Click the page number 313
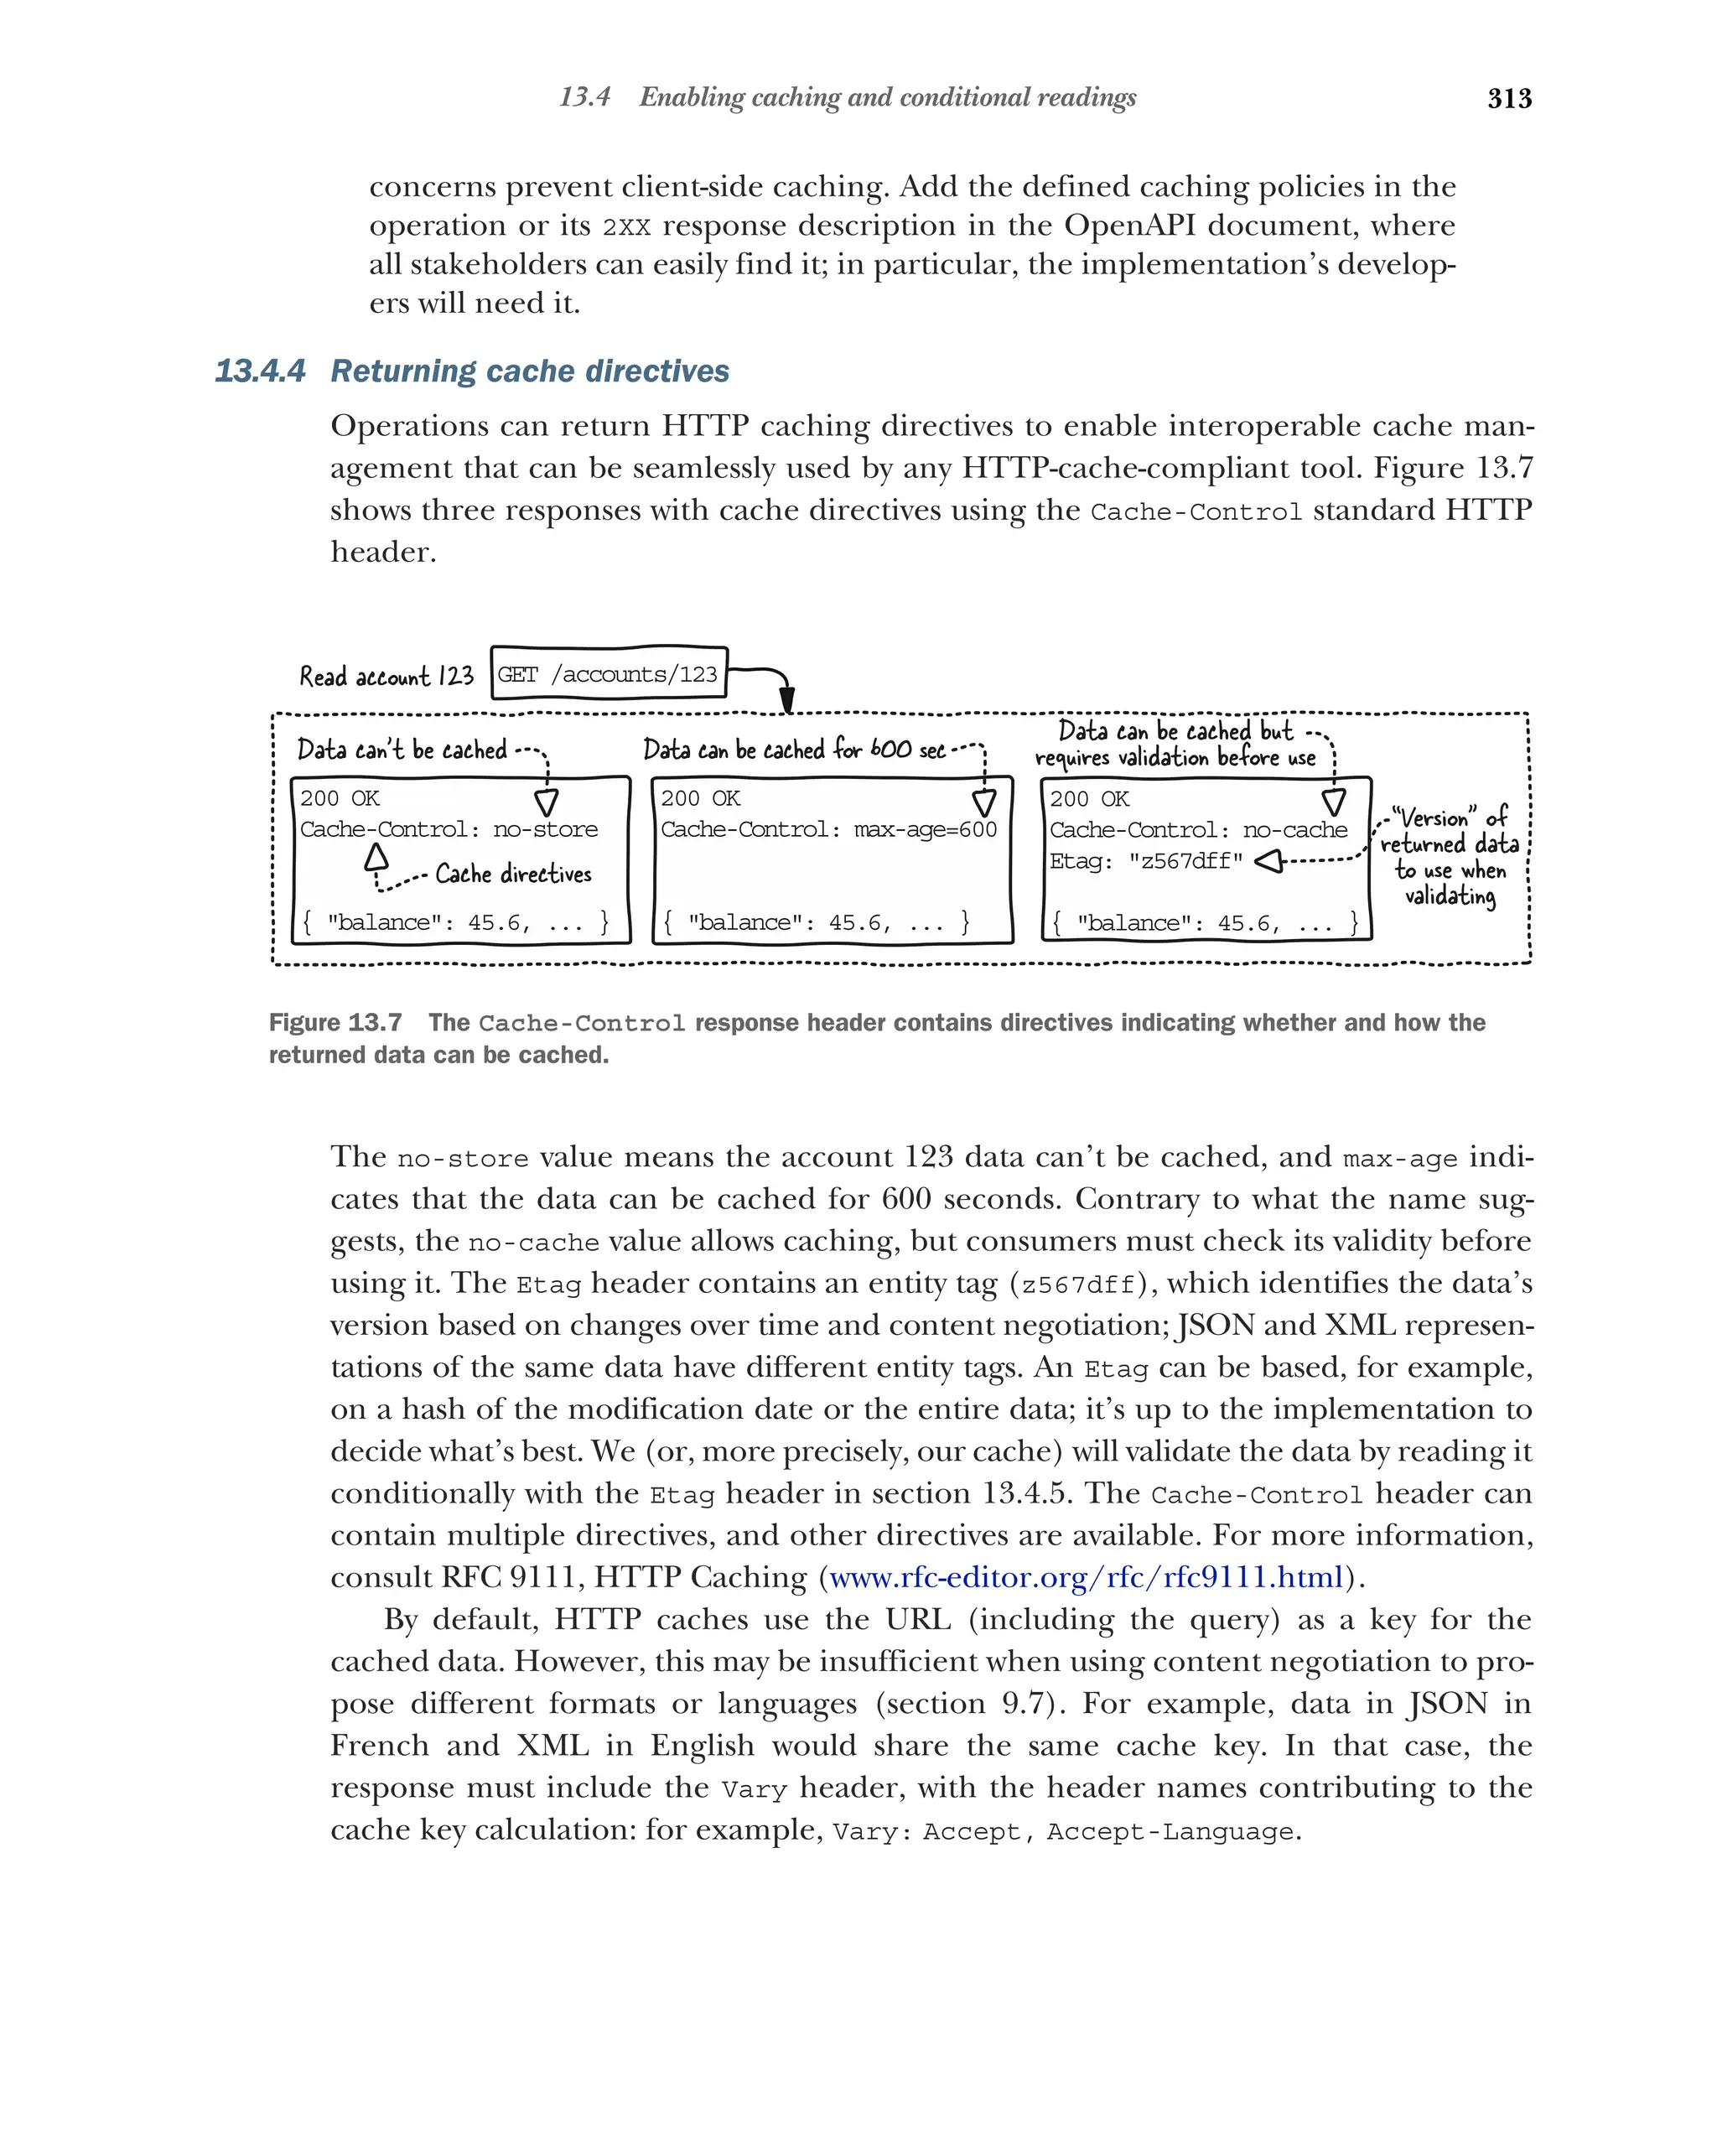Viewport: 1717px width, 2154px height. pos(1508,98)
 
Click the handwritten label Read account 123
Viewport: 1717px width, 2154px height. pos(386,677)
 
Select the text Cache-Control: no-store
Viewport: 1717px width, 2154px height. pos(449,829)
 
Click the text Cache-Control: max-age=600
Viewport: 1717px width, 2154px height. pos(828,829)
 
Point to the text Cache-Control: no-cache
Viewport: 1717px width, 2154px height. pos(1197,830)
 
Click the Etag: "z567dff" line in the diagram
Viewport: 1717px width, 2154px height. pos(1146,861)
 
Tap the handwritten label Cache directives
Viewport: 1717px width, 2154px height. pos(512,875)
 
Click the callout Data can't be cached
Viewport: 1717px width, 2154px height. pos(402,750)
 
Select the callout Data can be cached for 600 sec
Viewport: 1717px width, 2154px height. pos(793,750)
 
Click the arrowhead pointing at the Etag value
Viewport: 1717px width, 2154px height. pos(1267,861)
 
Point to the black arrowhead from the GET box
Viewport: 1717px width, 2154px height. pos(786,698)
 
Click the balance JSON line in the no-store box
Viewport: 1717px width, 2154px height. pos(454,922)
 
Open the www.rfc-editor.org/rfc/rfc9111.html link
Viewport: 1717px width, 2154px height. pos(1086,1576)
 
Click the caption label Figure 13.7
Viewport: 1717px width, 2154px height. pos(335,1022)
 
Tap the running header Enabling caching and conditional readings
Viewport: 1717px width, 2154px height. pos(887,97)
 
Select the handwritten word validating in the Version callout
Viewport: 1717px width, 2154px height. pos(1450,895)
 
